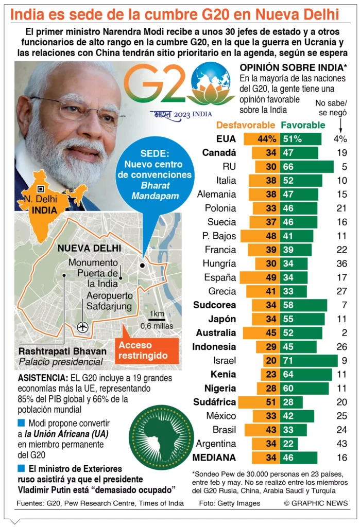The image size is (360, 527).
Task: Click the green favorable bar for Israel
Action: click(308, 361)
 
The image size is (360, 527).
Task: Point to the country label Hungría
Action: click(220, 263)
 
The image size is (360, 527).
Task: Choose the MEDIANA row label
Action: click(214, 458)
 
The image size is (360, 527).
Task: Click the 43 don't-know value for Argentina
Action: click(342, 444)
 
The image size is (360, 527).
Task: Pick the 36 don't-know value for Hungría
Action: click(342, 263)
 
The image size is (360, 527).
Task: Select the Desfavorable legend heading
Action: click(246, 125)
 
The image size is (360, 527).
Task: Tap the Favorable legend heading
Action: click(303, 125)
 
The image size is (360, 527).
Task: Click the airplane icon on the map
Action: click(81, 326)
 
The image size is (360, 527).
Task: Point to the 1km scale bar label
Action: click(157, 314)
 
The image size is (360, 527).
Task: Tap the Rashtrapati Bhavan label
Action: click(62, 352)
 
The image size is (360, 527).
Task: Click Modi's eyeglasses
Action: click(77, 110)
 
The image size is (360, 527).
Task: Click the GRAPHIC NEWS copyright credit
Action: click(316, 503)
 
